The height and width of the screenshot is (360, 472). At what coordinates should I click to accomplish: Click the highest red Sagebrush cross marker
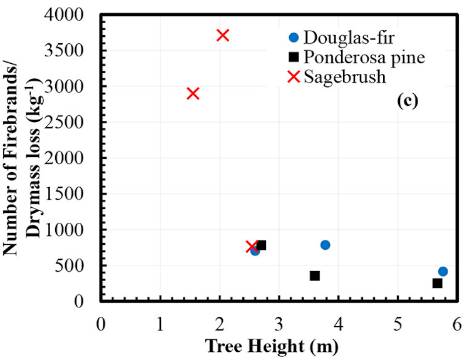[222, 35]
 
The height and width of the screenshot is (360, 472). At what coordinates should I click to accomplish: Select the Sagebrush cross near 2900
[193, 93]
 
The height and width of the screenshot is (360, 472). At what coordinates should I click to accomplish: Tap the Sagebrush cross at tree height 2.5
[252, 247]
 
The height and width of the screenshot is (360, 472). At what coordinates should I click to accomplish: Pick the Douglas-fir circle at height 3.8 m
[325, 245]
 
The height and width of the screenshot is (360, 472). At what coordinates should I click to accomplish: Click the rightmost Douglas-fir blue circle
[443, 271]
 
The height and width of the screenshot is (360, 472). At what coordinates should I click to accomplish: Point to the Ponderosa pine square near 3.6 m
[315, 275]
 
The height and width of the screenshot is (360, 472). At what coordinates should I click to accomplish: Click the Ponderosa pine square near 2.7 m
[261, 245]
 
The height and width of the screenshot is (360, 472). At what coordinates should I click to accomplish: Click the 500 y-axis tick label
[78, 265]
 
